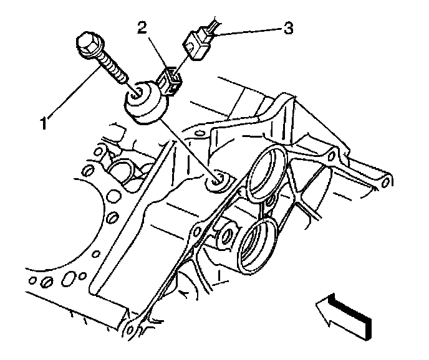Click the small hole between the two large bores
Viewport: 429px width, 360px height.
pyautogui.click(x=269, y=202)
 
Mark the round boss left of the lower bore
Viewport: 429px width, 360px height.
pyautogui.click(x=226, y=235)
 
